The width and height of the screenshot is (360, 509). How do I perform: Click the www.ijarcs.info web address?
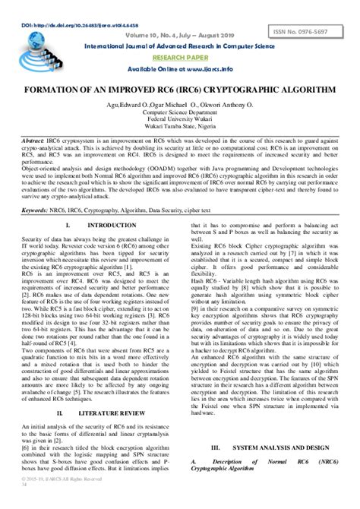(x=213, y=69)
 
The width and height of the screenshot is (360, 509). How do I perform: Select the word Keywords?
(x=35, y=209)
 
